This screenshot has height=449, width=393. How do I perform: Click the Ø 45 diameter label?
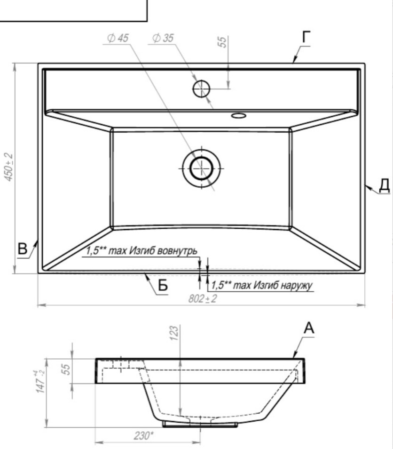click(118, 38)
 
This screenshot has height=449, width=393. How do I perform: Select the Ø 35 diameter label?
click(163, 38)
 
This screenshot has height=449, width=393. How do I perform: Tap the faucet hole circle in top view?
click(201, 89)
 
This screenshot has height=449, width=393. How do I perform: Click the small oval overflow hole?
click(238, 116)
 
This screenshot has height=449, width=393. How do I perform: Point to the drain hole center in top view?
click(201, 168)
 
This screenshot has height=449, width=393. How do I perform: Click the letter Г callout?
click(307, 37)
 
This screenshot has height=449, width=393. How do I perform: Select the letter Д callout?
click(385, 185)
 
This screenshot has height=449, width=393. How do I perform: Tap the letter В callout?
click(22, 249)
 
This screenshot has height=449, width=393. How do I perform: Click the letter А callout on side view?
click(309, 328)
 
